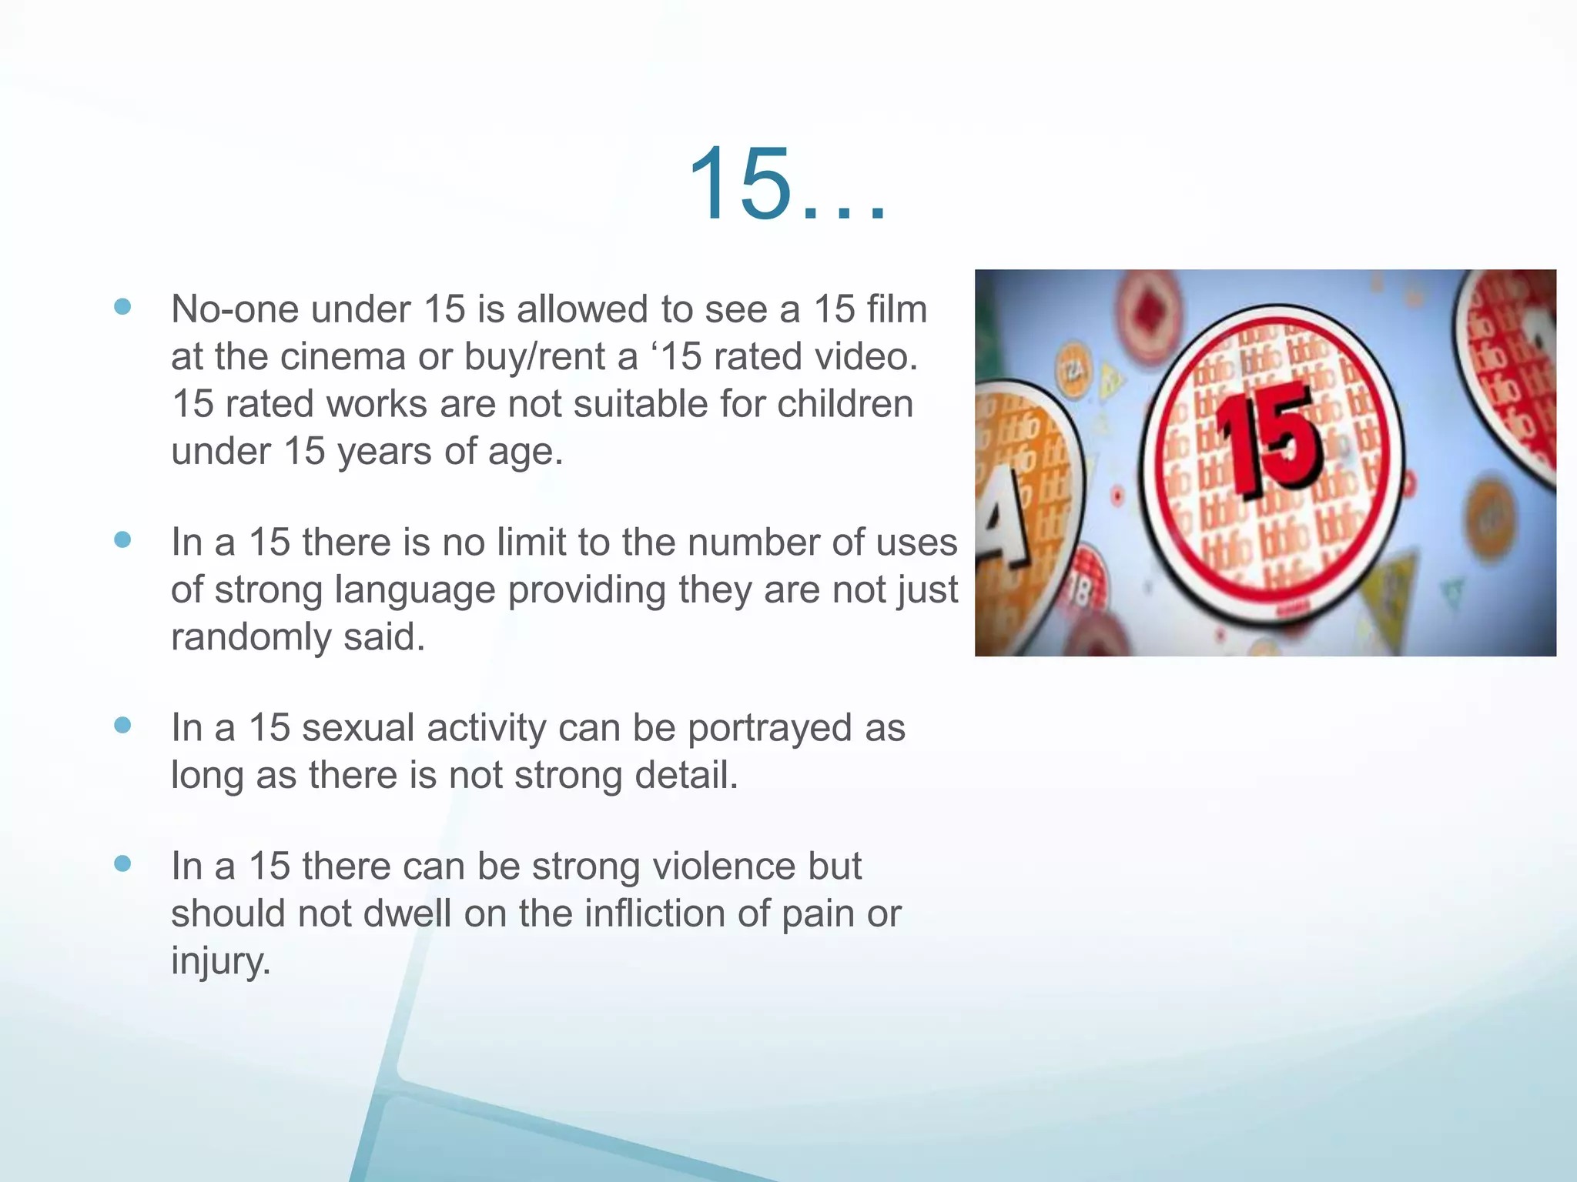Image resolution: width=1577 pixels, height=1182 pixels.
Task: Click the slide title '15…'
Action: pos(787,185)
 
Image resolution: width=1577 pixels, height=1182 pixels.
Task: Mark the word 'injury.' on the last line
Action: pos(221,961)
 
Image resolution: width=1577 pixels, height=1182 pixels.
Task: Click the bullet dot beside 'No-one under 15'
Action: pos(122,307)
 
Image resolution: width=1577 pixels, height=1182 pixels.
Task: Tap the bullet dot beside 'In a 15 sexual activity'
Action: pos(122,726)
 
